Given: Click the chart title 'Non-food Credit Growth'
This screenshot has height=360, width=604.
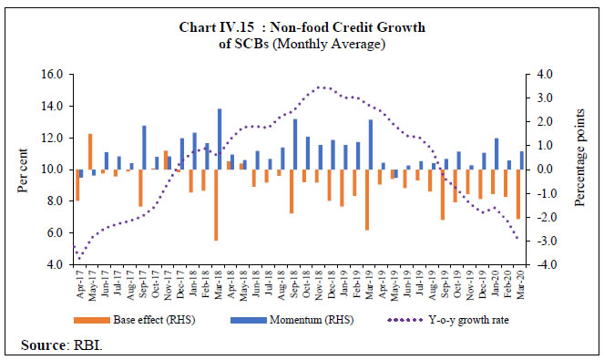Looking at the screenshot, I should point(301,27).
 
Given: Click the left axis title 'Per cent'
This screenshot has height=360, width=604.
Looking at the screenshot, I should point(21,169).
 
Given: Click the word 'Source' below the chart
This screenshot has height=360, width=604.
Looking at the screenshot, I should point(38,345).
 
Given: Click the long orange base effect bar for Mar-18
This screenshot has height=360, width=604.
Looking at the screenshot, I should point(216,204).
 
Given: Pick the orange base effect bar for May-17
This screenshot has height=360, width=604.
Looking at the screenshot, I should point(90,151).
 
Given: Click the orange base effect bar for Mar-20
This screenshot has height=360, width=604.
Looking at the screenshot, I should point(517,193).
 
